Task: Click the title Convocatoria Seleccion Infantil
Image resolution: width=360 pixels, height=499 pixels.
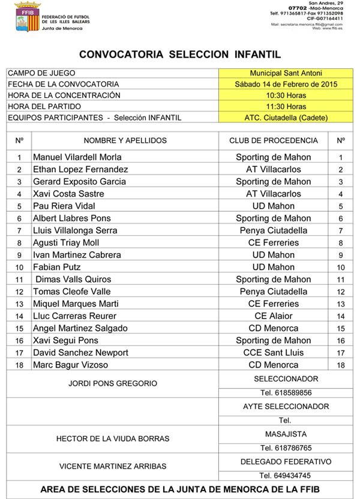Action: point(180,55)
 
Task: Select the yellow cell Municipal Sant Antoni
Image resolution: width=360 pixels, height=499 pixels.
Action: point(278,73)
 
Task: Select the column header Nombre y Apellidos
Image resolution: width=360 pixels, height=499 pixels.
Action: point(125,141)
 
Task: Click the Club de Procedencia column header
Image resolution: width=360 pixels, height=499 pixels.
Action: point(274,141)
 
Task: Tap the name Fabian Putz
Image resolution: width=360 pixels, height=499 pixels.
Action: point(57,267)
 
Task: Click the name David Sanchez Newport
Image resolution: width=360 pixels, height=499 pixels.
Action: point(80,353)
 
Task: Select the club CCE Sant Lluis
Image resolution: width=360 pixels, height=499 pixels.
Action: point(274,353)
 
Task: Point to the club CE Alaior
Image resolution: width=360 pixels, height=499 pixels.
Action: point(274,316)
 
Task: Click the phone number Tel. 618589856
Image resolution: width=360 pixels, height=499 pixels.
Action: point(286,393)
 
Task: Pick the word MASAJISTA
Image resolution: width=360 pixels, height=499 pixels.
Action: point(286,434)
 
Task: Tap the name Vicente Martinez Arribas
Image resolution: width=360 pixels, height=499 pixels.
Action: point(113,466)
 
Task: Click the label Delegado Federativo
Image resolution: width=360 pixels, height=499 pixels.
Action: point(286,462)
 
